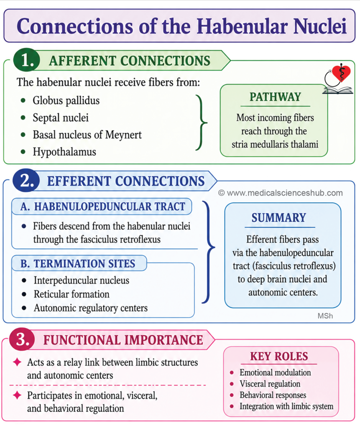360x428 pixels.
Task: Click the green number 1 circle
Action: point(26,60)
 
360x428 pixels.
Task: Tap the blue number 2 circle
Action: point(26,181)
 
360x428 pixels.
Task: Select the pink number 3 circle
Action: point(22,339)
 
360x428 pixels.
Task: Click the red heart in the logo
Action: point(341,72)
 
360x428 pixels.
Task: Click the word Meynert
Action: point(123,135)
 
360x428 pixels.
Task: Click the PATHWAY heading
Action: point(275,97)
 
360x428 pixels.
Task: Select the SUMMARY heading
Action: point(278,218)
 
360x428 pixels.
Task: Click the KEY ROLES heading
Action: point(279,356)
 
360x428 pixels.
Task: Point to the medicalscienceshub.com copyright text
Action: point(280,193)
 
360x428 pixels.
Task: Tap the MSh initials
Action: point(325,316)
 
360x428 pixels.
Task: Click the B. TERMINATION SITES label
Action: point(78,263)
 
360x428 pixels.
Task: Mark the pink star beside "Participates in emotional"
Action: point(17,395)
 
